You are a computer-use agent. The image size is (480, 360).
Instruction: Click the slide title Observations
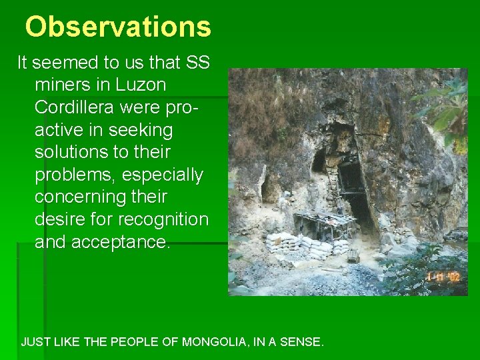pos(118,27)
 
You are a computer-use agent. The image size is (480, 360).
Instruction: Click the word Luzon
pos(141,85)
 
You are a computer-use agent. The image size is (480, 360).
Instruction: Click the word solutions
pos(77,153)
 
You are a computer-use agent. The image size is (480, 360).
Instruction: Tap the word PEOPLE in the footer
pos(135,343)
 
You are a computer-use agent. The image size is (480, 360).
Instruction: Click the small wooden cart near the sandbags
pos(353,255)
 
